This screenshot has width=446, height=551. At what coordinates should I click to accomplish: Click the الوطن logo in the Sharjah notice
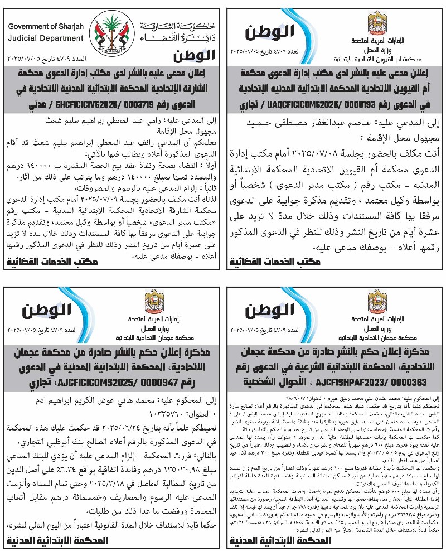point(193,56)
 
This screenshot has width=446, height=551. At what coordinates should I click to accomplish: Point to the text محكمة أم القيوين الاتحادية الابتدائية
point(379,57)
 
